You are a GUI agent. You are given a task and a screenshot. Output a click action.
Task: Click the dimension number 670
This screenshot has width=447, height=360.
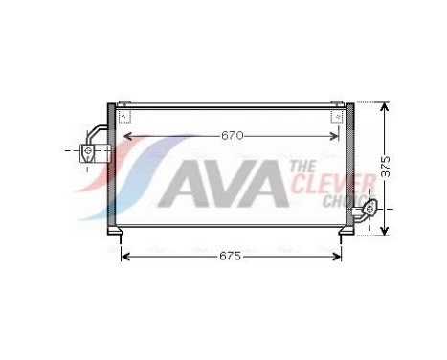[x=232, y=135]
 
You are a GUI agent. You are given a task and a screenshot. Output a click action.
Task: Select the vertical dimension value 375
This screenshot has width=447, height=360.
[x=386, y=169]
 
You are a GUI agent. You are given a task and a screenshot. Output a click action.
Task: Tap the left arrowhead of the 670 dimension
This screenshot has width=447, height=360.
[x=125, y=135]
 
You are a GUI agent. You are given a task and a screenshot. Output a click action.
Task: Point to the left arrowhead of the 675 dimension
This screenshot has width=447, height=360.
[x=124, y=257]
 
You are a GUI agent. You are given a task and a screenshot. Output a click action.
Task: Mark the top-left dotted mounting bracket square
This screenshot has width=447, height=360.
[x=123, y=118]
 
